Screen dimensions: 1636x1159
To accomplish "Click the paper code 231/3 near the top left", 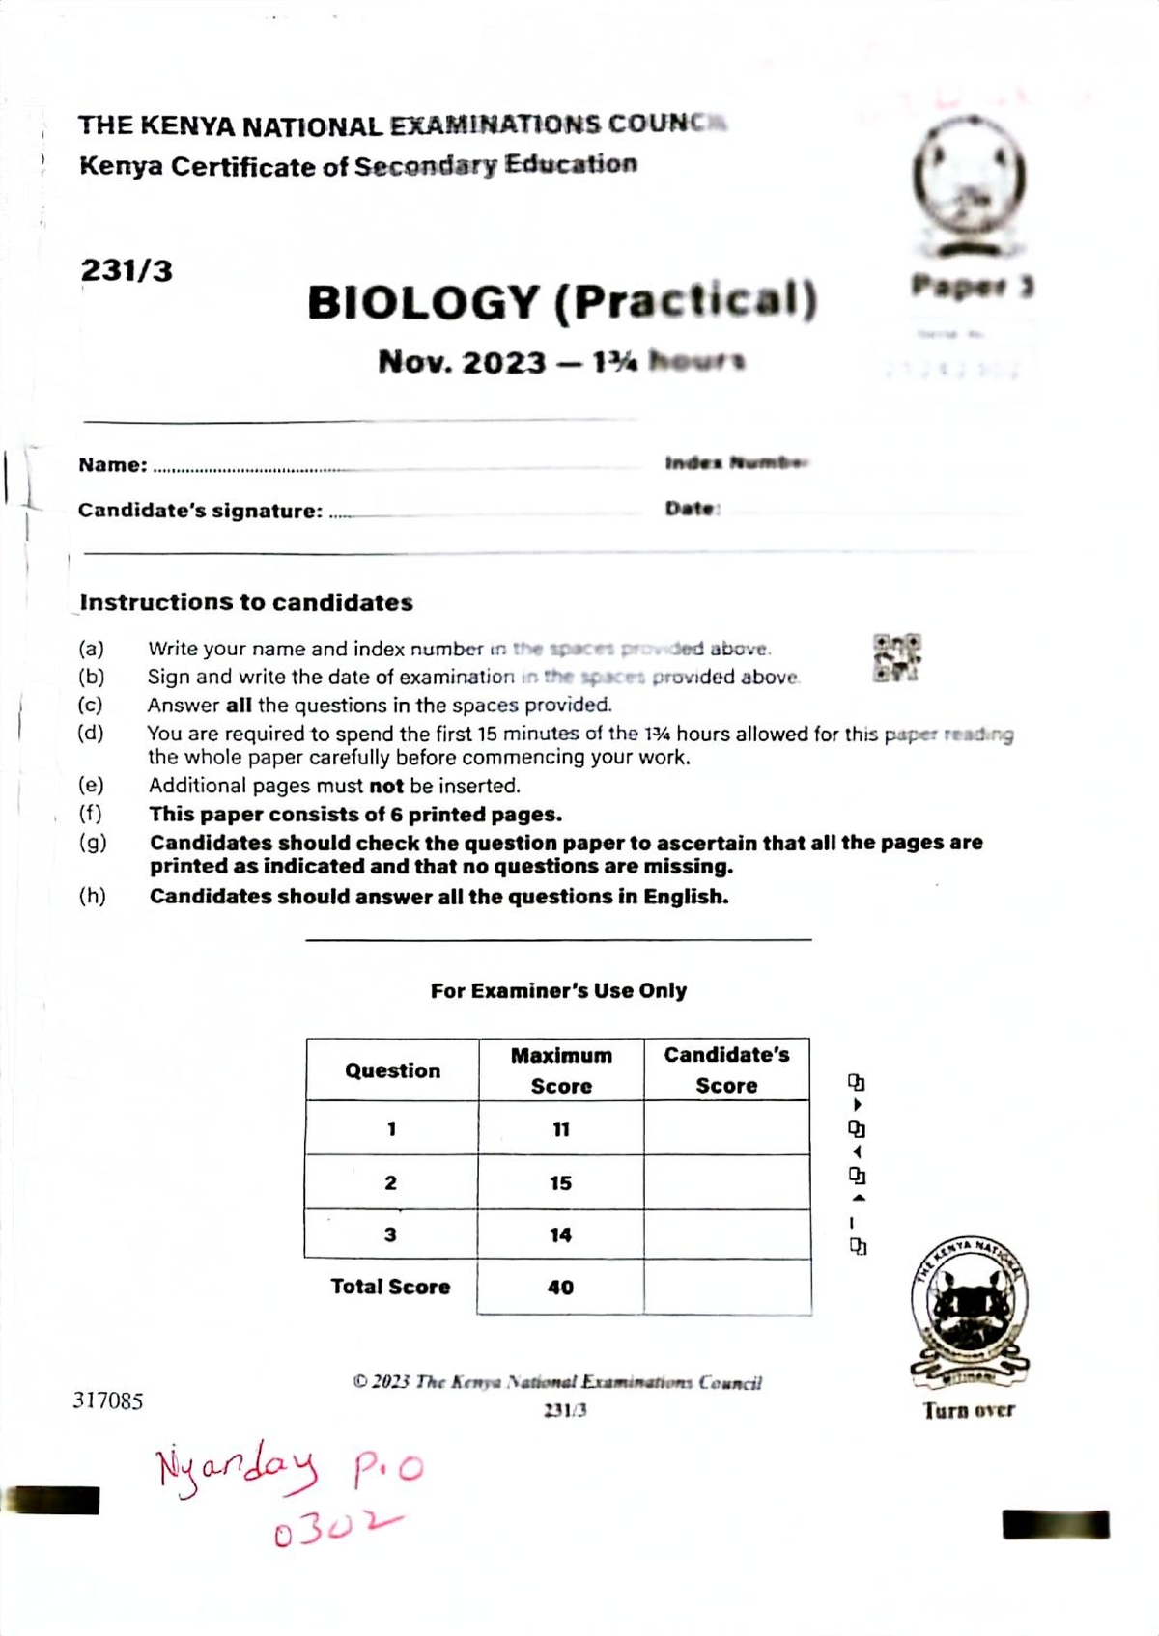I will pos(127,270).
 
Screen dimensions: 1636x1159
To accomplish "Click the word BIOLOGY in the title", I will pos(422,303).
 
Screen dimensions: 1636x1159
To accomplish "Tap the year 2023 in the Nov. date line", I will pos(503,363).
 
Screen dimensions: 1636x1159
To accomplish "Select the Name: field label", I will pos(113,465).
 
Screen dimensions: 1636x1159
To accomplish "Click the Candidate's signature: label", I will pos(200,511).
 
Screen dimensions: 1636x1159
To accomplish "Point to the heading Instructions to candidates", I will pos(246,602).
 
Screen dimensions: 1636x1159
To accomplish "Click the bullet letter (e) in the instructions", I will pos(91,785).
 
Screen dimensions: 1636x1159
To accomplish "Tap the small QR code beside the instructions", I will pos(896,658).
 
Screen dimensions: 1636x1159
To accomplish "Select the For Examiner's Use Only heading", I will pos(558,990).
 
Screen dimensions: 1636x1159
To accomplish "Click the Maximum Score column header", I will pos(561,1070).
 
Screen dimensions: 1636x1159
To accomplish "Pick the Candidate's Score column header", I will pos(726,1070).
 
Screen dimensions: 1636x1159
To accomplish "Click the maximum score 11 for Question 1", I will pos(561,1129).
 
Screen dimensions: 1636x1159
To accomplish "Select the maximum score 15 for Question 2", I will pos(560,1183).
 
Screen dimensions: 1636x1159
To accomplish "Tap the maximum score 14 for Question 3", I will pos(560,1235).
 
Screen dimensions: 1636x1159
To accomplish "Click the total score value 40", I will pos(560,1288).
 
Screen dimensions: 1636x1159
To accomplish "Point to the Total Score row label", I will pos(390,1287).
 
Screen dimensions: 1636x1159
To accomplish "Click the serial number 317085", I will pos(107,1400).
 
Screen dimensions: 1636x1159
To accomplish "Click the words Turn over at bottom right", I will pos(969,1411).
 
